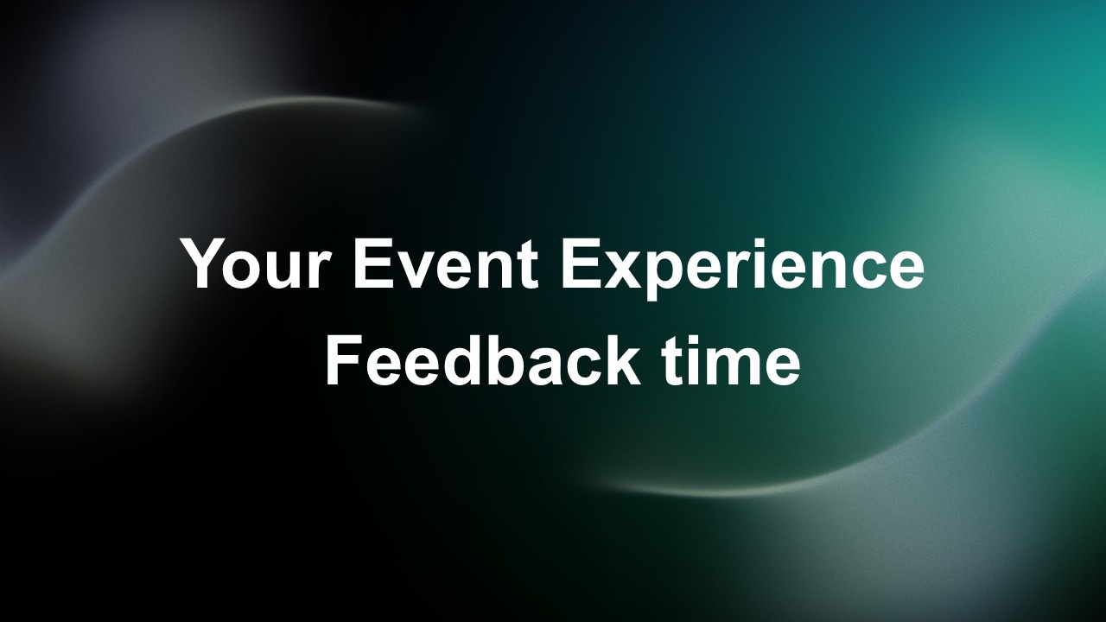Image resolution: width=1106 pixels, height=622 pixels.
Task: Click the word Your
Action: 256,263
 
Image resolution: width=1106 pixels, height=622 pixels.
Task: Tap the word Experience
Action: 742,269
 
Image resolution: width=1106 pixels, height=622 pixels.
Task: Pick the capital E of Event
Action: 373,263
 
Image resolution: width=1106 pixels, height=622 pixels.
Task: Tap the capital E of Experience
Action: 582,263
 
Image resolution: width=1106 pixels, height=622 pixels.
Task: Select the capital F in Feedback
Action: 345,361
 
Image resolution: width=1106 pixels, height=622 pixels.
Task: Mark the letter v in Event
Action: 416,270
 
